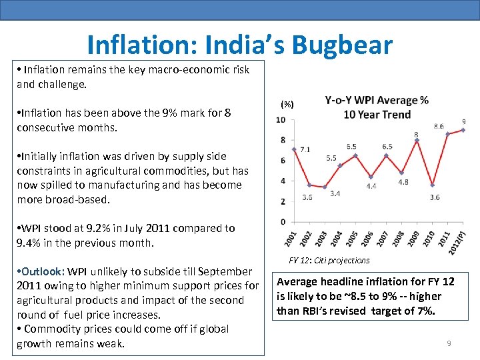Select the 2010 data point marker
pos(432,185)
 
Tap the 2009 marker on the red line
pos(417,140)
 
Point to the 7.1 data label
pos(305,149)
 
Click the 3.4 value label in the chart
pos(335,193)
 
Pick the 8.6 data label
pos(438,126)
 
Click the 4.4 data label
pos(371,187)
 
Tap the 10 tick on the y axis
pos(281,120)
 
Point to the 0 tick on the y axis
pos(283,222)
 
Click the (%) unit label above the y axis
pos(287,105)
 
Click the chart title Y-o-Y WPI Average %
pos(377,101)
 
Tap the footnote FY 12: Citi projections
pos(329,260)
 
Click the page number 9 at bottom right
pos(449,343)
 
